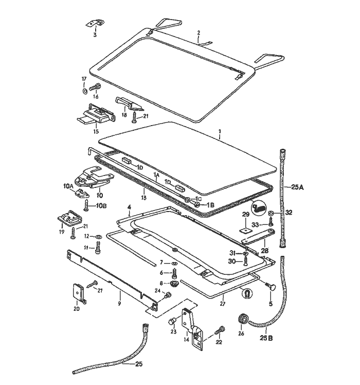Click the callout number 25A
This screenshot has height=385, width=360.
pyautogui.click(x=297, y=187)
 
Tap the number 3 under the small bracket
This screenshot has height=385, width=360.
pyautogui.click(x=95, y=35)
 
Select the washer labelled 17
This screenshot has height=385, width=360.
pyautogui.click(x=84, y=92)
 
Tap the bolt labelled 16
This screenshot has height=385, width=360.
pyautogui.click(x=96, y=88)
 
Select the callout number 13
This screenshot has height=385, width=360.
pyautogui.click(x=145, y=197)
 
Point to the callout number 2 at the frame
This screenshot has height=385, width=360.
pyautogui.click(x=198, y=32)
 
